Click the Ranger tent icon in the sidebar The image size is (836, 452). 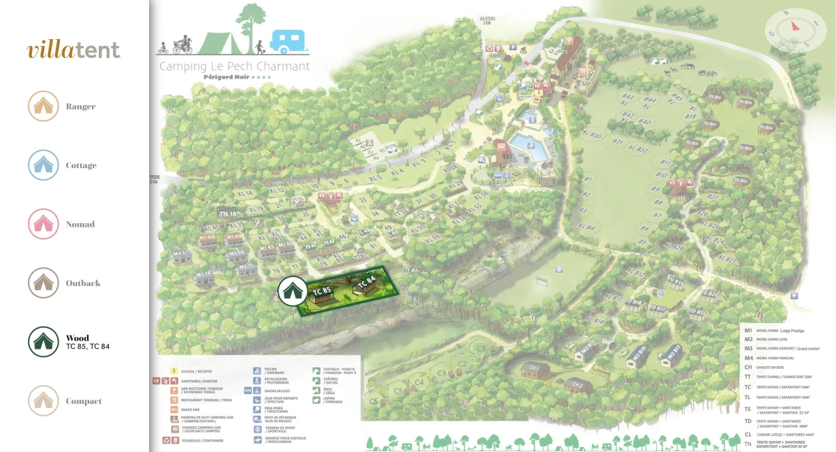click(43, 107)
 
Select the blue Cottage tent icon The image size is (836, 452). click(43, 165)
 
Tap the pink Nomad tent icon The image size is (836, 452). click(43, 224)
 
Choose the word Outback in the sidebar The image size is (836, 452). click(83, 283)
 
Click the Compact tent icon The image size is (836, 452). click(43, 401)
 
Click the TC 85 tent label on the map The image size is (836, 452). click(321, 291)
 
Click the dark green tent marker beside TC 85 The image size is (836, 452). click(291, 290)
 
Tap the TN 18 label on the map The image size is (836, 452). click(228, 213)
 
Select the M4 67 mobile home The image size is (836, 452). click(181, 254)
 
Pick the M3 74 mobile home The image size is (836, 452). click(203, 276)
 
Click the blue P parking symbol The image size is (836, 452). click(513, 47)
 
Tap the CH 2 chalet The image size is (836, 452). click(578, 384)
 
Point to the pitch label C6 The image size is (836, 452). click(373, 401)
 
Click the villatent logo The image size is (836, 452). click(74, 50)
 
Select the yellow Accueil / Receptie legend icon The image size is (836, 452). click(172, 370)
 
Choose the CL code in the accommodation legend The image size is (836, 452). click(748, 433)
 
